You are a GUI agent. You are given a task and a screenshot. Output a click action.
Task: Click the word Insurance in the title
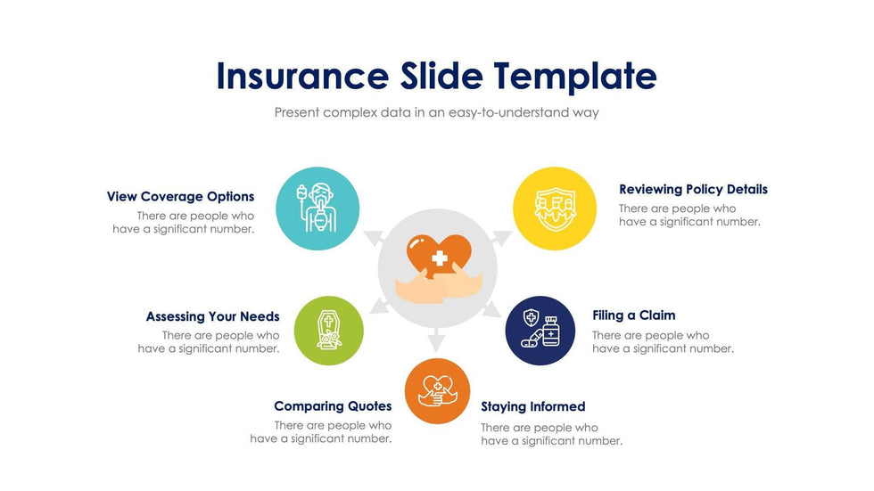(302, 76)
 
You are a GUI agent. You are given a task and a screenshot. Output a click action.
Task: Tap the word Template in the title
(574, 77)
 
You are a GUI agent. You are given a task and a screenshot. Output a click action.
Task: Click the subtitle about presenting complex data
(436, 112)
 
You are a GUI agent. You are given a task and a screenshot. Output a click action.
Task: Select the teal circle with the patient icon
(317, 209)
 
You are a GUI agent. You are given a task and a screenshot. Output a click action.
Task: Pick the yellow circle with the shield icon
(555, 209)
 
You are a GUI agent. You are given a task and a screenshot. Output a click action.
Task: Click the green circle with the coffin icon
(329, 331)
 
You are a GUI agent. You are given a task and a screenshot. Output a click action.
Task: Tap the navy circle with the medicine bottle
(540, 331)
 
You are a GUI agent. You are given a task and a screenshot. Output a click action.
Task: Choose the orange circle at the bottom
(438, 391)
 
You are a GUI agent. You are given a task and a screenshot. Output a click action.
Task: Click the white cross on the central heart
(439, 258)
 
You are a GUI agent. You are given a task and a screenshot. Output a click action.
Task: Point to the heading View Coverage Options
(180, 197)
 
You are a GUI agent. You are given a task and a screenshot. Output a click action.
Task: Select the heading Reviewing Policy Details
(694, 189)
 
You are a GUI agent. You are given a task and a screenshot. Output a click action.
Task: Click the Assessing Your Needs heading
(213, 316)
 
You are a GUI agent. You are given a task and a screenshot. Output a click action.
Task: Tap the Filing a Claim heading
(634, 315)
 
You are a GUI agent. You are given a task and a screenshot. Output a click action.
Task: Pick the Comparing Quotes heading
(333, 406)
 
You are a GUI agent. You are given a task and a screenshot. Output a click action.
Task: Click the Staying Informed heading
(533, 407)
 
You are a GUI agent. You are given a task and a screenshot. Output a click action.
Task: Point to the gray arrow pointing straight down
(436, 340)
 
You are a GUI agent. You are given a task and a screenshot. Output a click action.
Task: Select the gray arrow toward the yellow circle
(500, 238)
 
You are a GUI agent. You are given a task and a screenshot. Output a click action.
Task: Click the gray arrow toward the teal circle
(375, 238)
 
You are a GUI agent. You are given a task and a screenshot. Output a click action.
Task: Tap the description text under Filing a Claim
(663, 342)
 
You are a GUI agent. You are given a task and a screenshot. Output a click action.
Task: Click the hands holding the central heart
(439, 284)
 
